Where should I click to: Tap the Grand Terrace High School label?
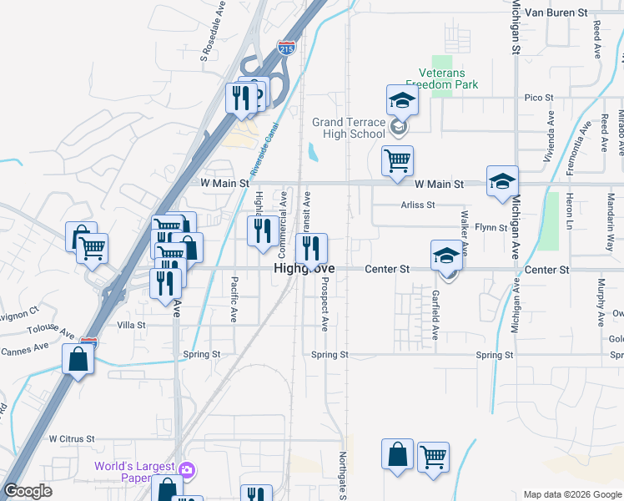pyautogui.click(x=350, y=128)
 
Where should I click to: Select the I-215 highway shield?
pyautogui.click(x=286, y=48)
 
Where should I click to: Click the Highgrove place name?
pyautogui.click(x=305, y=270)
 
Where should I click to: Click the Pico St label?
pyautogui.click(x=538, y=98)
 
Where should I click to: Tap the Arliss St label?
pyautogui.click(x=418, y=205)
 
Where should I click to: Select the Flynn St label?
pyautogui.click(x=491, y=227)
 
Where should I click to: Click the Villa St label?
pyautogui.click(x=132, y=325)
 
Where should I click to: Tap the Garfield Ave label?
pyautogui.click(x=435, y=315)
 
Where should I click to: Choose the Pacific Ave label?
pyautogui.click(x=234, y=300)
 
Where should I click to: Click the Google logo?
pyautogui.click(x=28, y=491)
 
